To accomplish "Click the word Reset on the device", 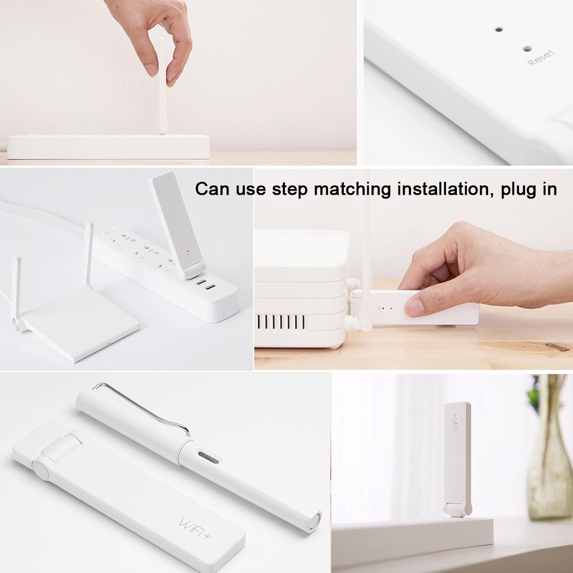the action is (x=540, y=58).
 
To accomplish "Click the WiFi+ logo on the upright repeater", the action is (x=456, y=422).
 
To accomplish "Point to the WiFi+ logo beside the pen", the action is (x=194, y=528).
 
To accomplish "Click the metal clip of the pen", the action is (x=143, y=407).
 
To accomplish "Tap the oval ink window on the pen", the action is (x=208, y=457).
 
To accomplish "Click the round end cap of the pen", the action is (x=314, y=520).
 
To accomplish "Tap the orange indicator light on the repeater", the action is (x=185, y=245).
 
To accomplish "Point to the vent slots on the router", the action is (x=281, y=322).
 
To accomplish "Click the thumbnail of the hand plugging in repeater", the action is (x=413, y=269).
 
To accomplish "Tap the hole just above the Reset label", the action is (x=527, y=48).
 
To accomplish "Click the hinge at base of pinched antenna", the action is (x=163, y=128).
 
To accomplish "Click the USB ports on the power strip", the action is (x=205, y=284).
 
